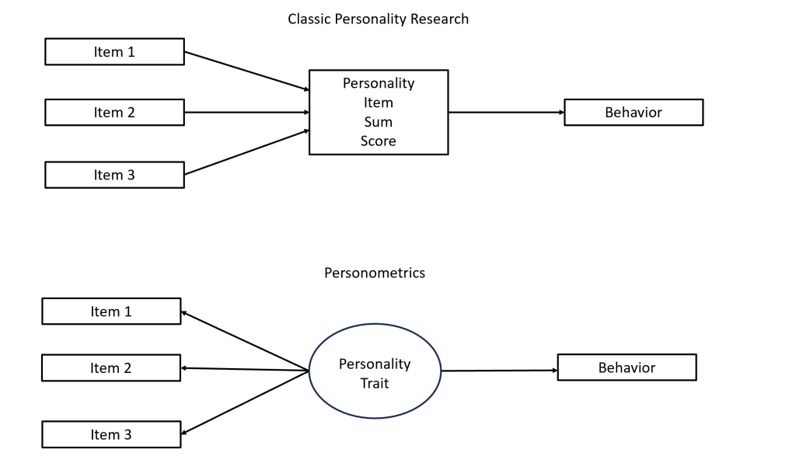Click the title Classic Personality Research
pos(379,19)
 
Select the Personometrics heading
pos(375,273)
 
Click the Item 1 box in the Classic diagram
pos(114,52)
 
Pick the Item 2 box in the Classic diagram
pos(114,112)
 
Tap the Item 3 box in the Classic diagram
pos(114,175)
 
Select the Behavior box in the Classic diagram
pos(633,112)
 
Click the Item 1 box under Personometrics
pos(110,311)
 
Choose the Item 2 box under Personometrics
pos(110,367)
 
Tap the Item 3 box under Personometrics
pos(110,434)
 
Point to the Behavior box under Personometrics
pos(627,367)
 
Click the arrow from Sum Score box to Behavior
pos(505,112)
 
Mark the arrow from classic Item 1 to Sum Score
pos(246,71)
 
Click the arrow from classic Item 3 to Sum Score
pos(246,152)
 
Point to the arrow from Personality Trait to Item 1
pos(245,341)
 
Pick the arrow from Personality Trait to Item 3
pos(245,402)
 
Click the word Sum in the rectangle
pos(379,122)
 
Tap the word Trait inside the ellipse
pos(375,383)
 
